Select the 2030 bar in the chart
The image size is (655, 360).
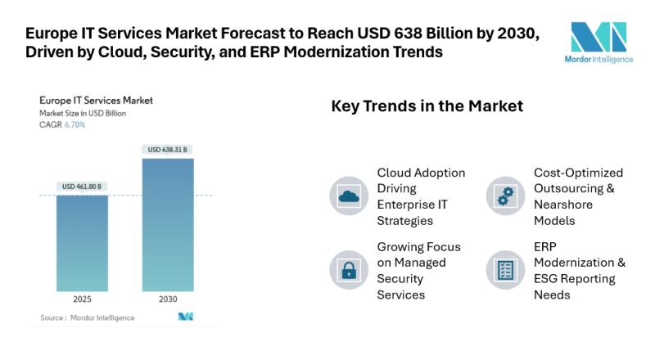[x=168, y=224]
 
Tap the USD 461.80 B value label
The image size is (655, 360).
[x=82, y=187]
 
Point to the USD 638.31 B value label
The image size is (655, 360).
[x=168, y=150]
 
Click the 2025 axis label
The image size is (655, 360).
[x=82, y=300]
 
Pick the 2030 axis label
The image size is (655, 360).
[x=168, y=300]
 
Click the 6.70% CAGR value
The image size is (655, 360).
[x=75, y=125]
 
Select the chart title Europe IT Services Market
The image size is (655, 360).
[x=96, y=101]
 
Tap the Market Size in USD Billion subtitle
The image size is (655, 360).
[x=83, y=113]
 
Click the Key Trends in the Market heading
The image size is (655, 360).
[x=427, y=106]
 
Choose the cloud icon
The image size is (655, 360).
[x=349, y=196]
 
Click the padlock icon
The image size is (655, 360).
[x=349, y=269]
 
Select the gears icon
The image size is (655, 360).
[x=505, y=196]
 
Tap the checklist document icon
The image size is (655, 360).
[x=505, y=269]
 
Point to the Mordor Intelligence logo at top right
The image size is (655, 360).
[x=599, y=42]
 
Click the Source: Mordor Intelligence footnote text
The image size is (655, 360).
[x=88, y=317]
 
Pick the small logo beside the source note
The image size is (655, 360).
[x=186, y=317]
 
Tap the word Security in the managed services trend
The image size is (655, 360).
[x=401, y=279]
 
